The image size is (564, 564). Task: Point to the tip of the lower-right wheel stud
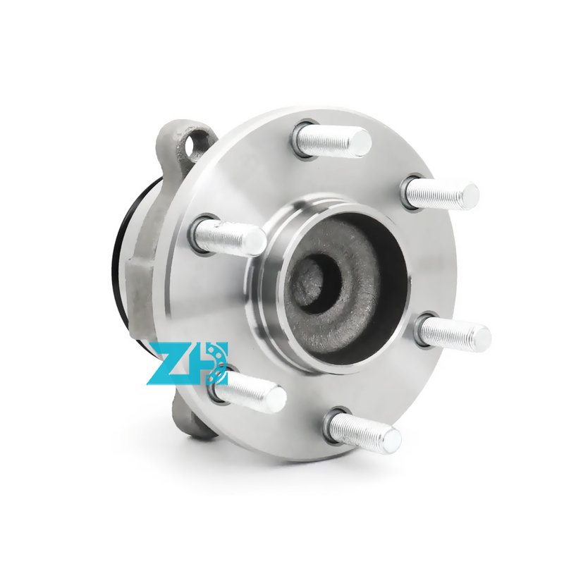click(x=481, y=336)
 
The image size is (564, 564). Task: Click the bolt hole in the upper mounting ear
click(x=197, y=144)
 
